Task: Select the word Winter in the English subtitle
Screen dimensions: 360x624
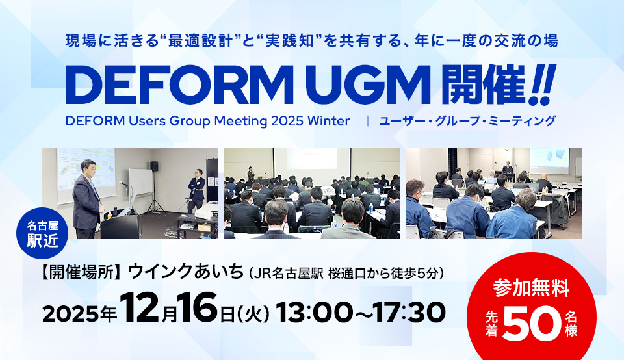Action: coord(329,121)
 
